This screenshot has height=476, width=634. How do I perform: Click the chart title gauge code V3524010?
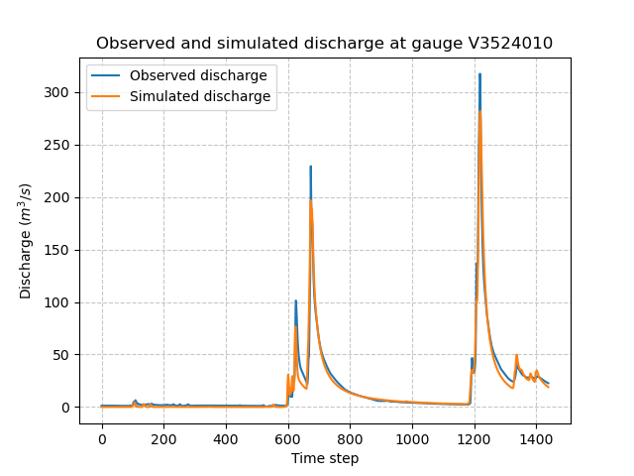pyautogui.click(x=503, y=44)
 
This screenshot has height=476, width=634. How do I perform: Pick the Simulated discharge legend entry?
pyautogui.click(x=200, y=97)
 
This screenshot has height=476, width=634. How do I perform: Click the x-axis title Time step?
pyautogui.click(x=325, y=458)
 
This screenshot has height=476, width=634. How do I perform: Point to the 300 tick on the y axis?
pyautogui.click(x=60, y=92)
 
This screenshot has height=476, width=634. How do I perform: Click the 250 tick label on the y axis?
pyautogui.click(x=60, y=145)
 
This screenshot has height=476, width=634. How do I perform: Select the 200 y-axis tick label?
pyautogui.click(x=60, y=197)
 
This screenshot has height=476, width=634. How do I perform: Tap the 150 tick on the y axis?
pyautogui.click(x=60, y=250)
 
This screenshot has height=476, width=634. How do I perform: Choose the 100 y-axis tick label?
pyautogui.click(x=60, y=302)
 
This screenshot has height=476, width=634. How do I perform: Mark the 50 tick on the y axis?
pyautogui.click(x=64, y=355)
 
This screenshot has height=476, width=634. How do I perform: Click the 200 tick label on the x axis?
pyautogui.click(x=163, y=438)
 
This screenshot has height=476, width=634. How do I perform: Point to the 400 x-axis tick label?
pyautogui.click(x=226, y=438)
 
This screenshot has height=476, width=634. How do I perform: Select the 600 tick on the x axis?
pyautogui.click(x=288, y=438)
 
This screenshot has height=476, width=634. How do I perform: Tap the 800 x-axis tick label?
pyautogui.click(x=350, y=438)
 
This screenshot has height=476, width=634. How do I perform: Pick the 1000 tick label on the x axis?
pyautogui.click(x=412, y=438)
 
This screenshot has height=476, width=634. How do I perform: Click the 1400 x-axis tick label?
pyautogui.click(x=536, y=438)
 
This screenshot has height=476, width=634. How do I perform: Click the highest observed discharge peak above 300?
pyautogui.click(x=479, y=74)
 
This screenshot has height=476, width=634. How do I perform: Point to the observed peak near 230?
pyautogui.click(x=310, y=167)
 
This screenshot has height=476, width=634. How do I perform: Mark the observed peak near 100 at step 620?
pyautogui.click(x=295, y=300)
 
